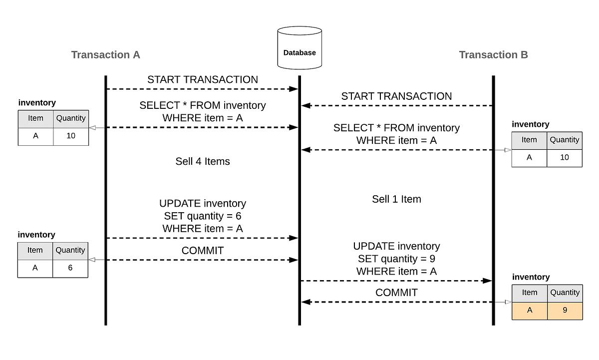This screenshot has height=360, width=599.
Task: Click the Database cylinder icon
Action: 299,48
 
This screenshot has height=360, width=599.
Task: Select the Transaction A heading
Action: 105,55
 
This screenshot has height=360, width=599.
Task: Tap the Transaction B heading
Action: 493,55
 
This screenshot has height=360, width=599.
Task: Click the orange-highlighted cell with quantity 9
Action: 565,310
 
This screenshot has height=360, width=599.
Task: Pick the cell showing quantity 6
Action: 70,268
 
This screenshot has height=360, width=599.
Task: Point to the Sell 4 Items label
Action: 203,161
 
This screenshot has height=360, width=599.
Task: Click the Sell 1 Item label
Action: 396,199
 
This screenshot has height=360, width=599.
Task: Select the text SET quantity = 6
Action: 203,216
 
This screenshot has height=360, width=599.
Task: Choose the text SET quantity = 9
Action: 396,259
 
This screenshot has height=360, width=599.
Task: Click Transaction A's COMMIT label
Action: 203,251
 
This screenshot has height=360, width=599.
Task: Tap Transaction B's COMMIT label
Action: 396,293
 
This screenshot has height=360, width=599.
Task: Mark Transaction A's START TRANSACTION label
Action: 203,80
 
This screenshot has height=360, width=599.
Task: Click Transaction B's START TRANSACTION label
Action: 396,96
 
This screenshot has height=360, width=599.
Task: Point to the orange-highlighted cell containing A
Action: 530,310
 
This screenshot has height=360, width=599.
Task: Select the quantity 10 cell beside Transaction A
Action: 71,135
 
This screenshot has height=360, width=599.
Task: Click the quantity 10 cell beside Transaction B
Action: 565,157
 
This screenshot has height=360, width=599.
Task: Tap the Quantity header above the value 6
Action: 70,250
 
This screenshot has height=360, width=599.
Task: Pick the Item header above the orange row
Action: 530,293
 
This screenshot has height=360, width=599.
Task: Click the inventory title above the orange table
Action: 531,277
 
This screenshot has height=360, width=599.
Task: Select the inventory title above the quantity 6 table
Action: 36,235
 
